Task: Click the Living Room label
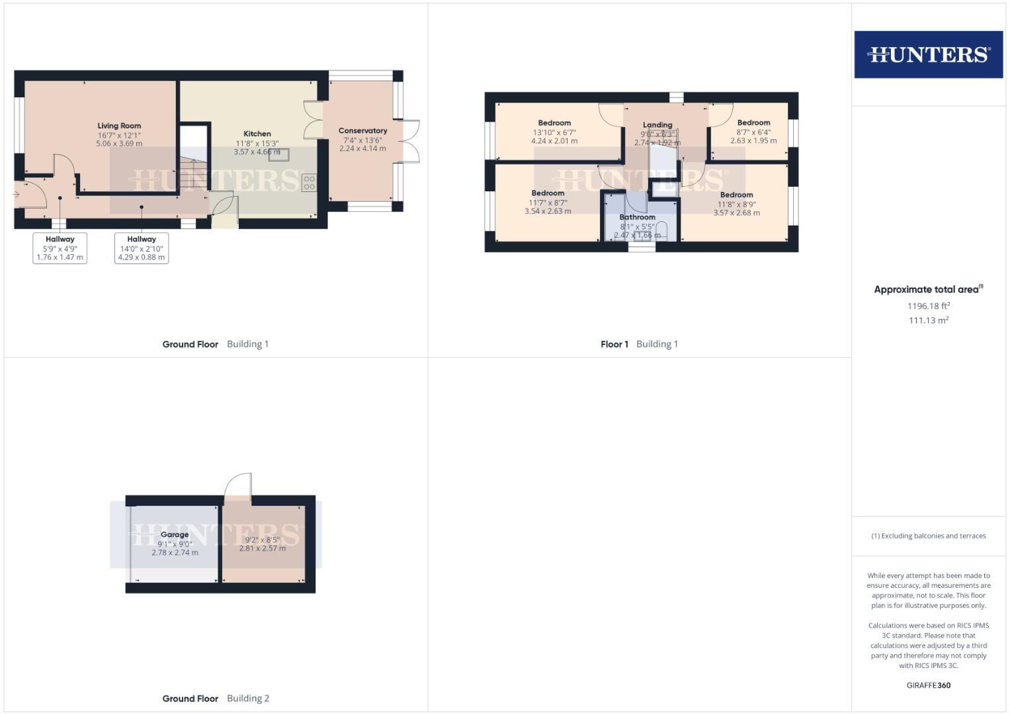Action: tap(119, 126)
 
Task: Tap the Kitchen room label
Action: tap(257, 134)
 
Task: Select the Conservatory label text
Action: tap(362, 131)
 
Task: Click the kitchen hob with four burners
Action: tap(309, 183)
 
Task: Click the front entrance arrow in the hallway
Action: tap(16, 195)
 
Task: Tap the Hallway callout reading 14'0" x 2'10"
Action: tap(142, 248)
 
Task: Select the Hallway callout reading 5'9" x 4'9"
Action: tap(60, 248)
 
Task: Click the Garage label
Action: tap(175, 534)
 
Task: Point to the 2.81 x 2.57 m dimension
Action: tap(263, 548)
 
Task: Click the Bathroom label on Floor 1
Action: tap(637, 217)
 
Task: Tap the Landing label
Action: tap(657, 124)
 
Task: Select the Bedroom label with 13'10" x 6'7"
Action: tap(554, 123)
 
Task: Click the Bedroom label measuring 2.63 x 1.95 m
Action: tap(753, 123)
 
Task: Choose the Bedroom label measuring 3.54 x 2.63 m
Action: tap(548, 193)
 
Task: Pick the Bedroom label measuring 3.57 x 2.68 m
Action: tap(736, 195)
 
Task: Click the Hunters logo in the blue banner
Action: tap(928, 54)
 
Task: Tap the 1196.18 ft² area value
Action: tap(929, 306)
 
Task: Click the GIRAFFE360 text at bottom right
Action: tap(928, 685)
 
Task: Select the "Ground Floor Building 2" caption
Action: tap(216, 698)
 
